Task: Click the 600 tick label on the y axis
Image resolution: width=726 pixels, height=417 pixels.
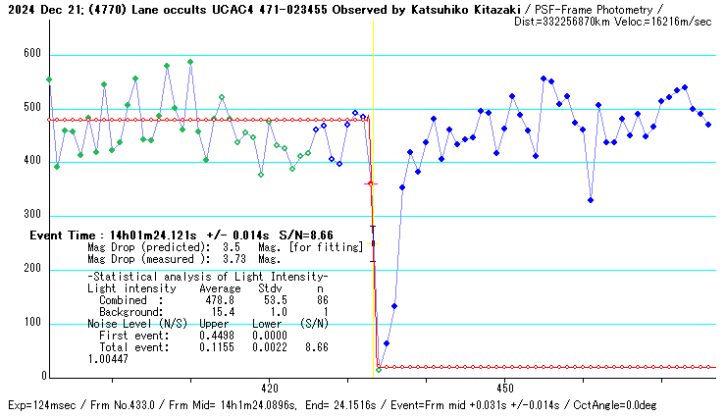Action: pyautogui.click(x=31, y=55)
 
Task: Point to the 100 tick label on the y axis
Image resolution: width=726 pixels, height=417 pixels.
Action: pyautogui.click(x=31, y=323)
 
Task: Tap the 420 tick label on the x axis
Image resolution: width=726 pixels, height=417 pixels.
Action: pyautogui.click(x=270, y=388)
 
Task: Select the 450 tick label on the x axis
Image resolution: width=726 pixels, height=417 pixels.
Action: pyautogui.click(x=504, y=388)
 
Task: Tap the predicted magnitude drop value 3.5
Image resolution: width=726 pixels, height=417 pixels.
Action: pyautogui.click(x=232, y=248)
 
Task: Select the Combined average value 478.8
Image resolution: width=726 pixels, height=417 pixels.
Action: pyautogui.click(x=215, y=300)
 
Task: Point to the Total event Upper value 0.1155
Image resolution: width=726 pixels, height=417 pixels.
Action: pyautogui.click(x=215, y=347)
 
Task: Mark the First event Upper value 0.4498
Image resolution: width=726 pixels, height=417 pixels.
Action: pyautogui.click(x=215, y=336)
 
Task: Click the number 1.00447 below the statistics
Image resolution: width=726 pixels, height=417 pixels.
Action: pyautogui.click(x=108, y=359)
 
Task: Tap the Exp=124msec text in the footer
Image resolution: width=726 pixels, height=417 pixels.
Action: pyautogui.click(x=40, y=405)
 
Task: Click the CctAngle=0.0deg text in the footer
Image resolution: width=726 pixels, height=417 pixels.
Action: pyautogui.click(x=641, y=405)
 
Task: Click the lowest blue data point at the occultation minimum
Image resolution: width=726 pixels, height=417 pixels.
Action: pyautogui.click(x=379, y=370)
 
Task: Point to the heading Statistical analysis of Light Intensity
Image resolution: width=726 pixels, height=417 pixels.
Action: pyautogui.click(x=208, y=278)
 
